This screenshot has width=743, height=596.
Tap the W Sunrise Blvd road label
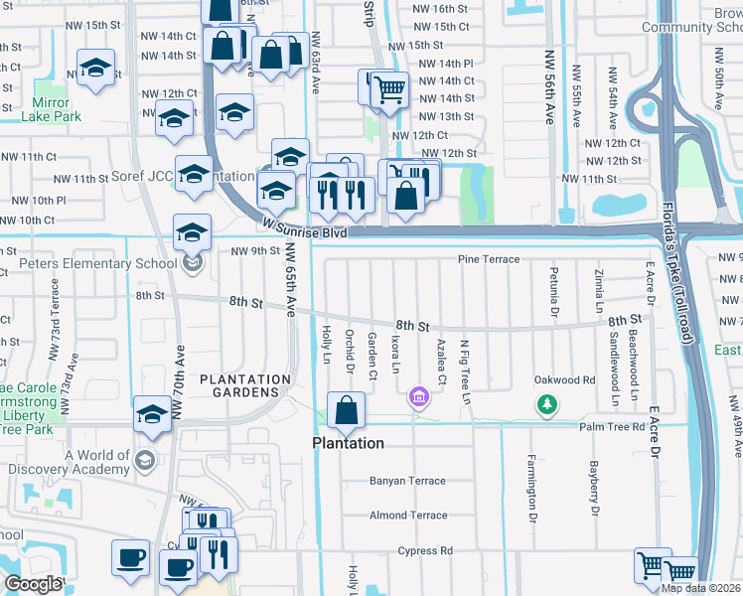click(306, 227)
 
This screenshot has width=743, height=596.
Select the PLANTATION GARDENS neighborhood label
click(245, 385)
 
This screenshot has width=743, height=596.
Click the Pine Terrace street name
click(488, 259)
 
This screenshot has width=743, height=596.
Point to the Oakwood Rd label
click(564, 379)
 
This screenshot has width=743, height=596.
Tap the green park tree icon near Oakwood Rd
click(545, 403)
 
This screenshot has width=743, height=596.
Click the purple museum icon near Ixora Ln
click(419, 398)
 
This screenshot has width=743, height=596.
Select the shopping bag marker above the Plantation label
click(345, 411)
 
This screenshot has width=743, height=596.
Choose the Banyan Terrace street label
click(408, 481)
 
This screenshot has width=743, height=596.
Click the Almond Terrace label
click(408, 516)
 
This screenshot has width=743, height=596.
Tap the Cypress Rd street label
click(424, 550)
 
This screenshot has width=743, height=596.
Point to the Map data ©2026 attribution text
click(700, 588)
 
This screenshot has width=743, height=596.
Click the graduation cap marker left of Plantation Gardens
click(152, 415)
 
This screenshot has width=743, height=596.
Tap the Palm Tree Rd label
click(613, 427)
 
